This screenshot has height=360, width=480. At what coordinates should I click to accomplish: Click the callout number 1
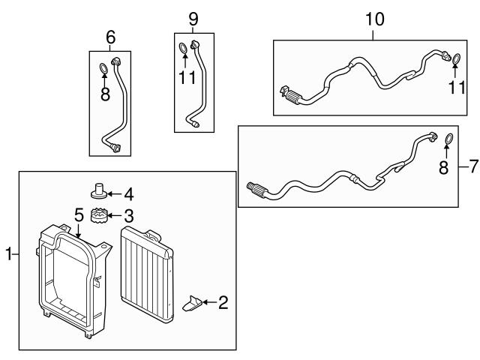8,256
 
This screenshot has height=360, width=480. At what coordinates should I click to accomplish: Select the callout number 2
223,303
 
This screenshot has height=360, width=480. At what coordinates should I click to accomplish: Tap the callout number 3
129,216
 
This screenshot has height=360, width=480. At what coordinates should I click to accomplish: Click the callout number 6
110,37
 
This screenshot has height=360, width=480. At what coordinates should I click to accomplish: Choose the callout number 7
472,166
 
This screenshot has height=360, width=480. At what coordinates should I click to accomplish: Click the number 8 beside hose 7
444,166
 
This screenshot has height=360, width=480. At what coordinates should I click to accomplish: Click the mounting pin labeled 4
99,187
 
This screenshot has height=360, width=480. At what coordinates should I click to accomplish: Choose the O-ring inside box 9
184,51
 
